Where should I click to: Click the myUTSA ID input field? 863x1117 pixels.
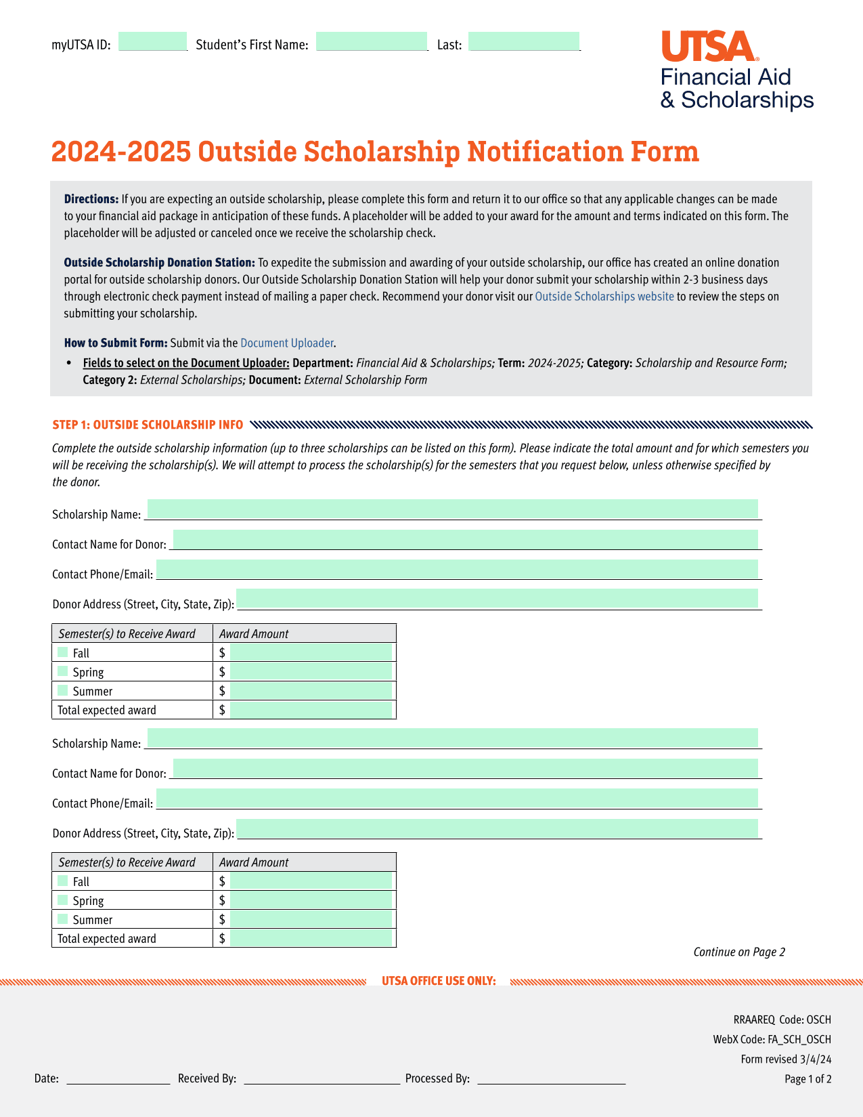pyautogui.click(x=152, y=42)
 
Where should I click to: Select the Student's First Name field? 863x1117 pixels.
pyautogui.click(x=372, y=42)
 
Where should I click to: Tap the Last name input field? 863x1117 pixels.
pyautogui.click(x=524, y=42)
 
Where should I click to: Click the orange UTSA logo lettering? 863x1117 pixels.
pyautogui.click(x=707, y=47)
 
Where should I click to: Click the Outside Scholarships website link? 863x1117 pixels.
pyautogui.click(x=604, y=297)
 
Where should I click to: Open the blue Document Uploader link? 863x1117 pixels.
pyautogui.click(x=287, y=343)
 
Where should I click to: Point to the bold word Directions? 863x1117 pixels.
pyautogui.click(x=91, y=199)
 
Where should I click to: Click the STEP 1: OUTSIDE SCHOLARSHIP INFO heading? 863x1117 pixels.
pyautogui.click(x=148, y=425)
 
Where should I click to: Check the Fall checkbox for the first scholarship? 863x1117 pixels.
pyautogui.click(x=63, y=652)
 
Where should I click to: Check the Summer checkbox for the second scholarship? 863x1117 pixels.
pyautogui.click(x=63, y=919)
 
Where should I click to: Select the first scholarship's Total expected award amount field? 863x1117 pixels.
pyautogui.click(x=311, y=710)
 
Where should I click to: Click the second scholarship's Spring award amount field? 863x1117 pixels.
pyautogui.click(x=311, y=900)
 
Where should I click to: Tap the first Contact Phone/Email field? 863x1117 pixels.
pyautogui.click(x=457, y=570)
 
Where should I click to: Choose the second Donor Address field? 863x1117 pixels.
pyautogui.click(x=497, y=828)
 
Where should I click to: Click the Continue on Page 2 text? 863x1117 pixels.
pyautogui.click(x=739, y=952)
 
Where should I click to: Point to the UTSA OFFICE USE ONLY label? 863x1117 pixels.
pyautogui.click(x=439, y=982)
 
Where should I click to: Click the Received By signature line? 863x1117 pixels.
pyautogui.click(x=322, y=1078)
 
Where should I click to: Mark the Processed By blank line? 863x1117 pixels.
pyautogui.click(x=551, y=1078)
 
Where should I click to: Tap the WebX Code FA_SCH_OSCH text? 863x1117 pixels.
pyautogui.click(x=772, y=1040)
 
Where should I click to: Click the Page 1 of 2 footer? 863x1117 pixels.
pyautogui.click(x=807, y=1079)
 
